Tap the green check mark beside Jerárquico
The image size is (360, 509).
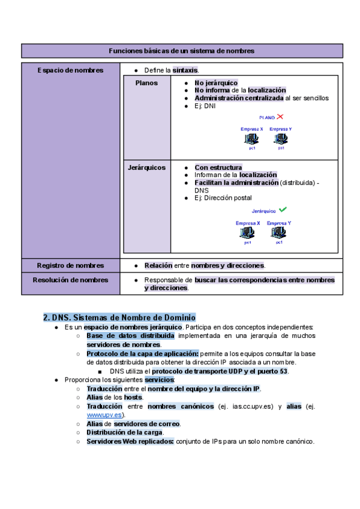tap(283, 209)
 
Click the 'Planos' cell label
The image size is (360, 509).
tap(147, 83)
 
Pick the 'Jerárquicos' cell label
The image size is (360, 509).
tap(147, 167)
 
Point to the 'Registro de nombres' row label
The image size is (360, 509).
tap(70, 265)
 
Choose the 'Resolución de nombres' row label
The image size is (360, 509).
tap(70, 280)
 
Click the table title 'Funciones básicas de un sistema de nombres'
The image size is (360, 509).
tap(181, 51)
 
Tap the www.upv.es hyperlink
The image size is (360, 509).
tap(104, 415)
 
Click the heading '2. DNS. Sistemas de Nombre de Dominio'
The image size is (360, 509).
tap(120, 317)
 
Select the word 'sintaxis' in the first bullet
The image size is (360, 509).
tap(185, 70)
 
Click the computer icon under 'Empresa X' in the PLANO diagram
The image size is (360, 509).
tap(251, 139)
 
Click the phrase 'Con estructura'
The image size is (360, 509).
tap(218, 167)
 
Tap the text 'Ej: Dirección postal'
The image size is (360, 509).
tap(223, 198)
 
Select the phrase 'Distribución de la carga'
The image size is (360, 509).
tap(125, 432)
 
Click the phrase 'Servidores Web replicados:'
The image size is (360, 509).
tap(130, 441)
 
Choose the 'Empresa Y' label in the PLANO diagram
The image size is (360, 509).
tap(281, 129)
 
